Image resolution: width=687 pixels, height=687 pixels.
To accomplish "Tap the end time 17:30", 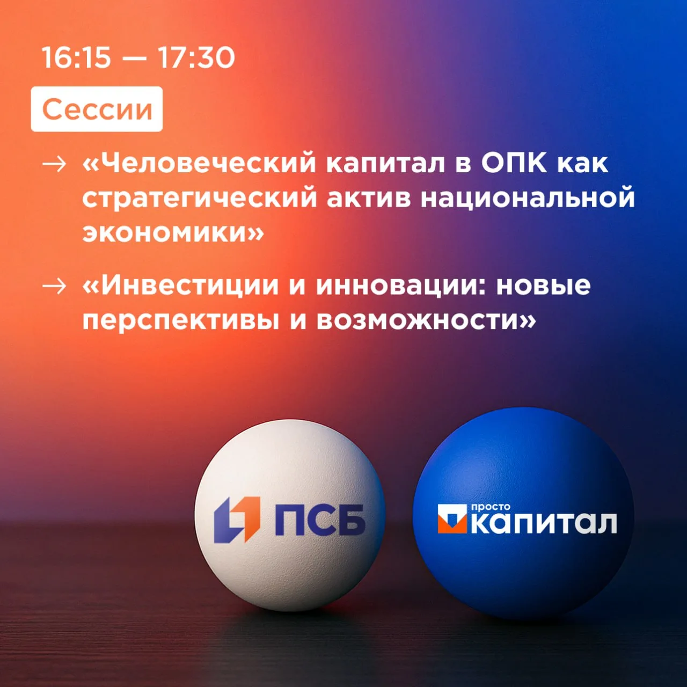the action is click(196, 57).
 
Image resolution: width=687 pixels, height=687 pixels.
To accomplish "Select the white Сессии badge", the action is click(97, 109).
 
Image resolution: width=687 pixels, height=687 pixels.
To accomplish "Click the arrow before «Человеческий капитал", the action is click(54, 164).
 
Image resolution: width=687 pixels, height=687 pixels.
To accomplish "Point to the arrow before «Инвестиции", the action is click(54, 286).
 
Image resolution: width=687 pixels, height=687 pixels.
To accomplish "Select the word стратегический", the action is click(200, 198).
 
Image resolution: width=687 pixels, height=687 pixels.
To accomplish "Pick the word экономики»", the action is click(173, 233).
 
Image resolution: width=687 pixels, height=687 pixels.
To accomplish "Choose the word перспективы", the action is click(181, 321).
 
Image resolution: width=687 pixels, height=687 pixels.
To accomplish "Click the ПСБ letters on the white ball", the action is click(320, 520).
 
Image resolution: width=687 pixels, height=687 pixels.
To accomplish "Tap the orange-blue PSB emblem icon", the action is click(237, 519).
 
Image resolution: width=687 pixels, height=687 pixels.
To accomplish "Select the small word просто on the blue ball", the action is click(491, 507).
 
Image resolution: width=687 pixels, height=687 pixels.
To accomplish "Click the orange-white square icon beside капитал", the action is click(452, 518).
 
